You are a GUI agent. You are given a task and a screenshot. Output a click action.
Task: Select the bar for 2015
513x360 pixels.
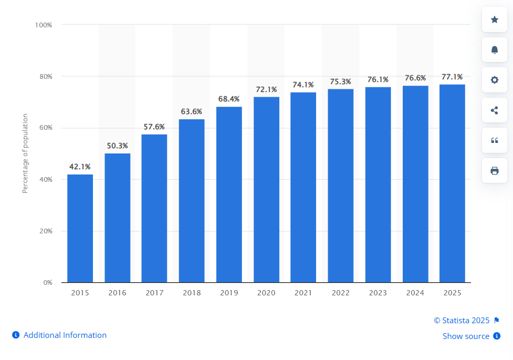coord(80,228)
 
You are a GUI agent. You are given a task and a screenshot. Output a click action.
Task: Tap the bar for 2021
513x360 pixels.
coord(303,187)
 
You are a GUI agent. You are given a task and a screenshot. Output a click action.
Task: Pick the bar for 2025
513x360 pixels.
coord(452,183)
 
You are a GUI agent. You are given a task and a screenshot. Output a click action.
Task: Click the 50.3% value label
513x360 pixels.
coord(117,146)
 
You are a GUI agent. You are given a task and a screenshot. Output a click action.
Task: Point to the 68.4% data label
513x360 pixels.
coord(229,99)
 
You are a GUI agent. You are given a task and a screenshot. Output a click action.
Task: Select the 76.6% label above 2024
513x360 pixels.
coord(415,78)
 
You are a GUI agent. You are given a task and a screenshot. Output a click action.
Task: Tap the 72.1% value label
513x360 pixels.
coord(266,89)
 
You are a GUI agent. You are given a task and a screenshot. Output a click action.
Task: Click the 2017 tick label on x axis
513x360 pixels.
coord(154,293)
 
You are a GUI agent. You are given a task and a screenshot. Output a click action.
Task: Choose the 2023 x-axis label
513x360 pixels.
coord(378,293)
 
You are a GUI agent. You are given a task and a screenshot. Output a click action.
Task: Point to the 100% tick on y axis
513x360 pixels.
coord(44,25)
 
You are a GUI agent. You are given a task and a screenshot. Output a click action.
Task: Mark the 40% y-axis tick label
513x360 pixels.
coord(45,180)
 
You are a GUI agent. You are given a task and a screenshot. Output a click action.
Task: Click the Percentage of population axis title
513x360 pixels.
coord(25,153)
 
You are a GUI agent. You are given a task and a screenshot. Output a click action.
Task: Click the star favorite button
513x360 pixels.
coord(494,19)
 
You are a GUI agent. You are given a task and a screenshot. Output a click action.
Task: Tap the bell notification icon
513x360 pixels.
coord(494,50)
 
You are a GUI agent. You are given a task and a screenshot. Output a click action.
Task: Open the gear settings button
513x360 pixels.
coord(494,80)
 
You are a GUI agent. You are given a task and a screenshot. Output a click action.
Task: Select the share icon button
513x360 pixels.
coord(494,110)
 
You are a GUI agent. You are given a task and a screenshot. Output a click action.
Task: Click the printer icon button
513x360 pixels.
coord(494,171)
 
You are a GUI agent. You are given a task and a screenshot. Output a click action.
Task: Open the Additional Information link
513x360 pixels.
coord(65,335)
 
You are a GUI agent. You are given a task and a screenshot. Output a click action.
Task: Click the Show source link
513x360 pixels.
coord(466,336)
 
